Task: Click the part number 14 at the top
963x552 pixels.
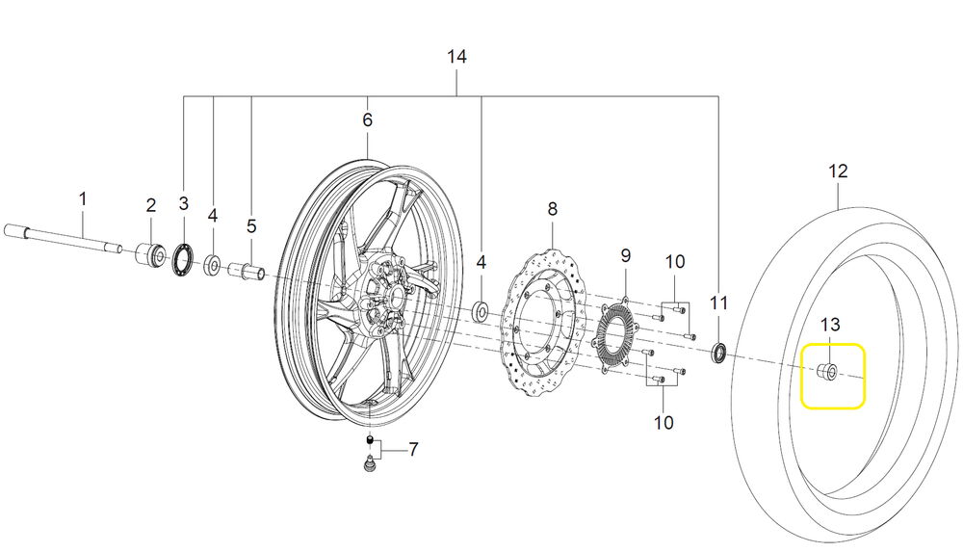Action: tap(456, 58)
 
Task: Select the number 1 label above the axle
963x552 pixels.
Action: tap(83, 199)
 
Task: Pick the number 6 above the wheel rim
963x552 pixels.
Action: tap(367, 120)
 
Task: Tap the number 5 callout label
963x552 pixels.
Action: tap(250, 226)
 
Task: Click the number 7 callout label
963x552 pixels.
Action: tap(413, 449)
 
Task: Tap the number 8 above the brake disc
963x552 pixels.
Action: tap(552, 209)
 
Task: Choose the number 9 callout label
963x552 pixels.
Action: tap(625, 256)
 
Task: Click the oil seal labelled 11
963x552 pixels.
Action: tap(718, 354)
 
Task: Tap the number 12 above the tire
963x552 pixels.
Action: tap(838, 171)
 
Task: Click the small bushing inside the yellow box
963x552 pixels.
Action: tap(826, 373)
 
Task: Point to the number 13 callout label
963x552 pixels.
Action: tap(831, 324)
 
